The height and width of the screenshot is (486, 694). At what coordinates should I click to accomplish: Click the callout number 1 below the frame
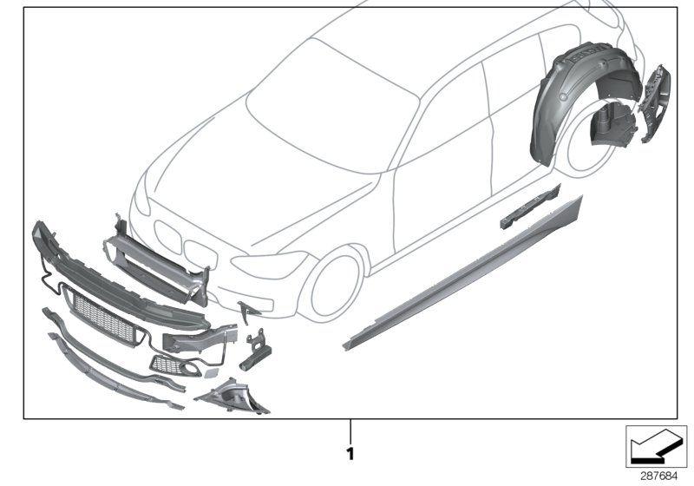pos(350,452)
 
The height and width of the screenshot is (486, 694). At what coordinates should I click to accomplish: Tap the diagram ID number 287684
pos(658,475)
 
